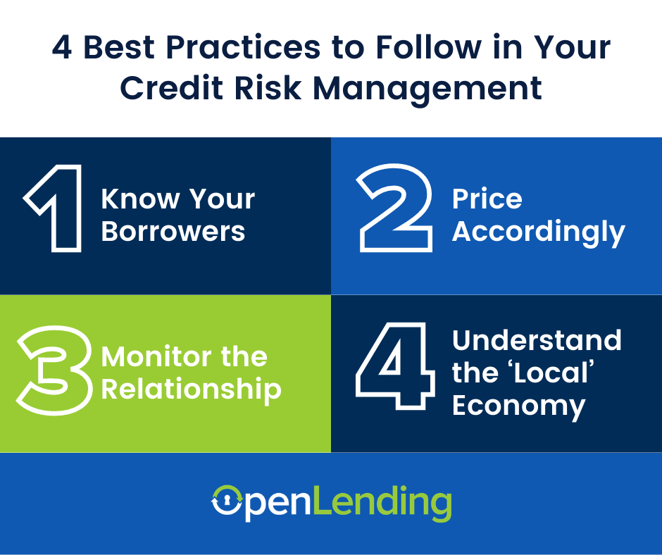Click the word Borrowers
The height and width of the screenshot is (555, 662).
(x=173, y=232)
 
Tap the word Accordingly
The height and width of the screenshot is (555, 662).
(x=538, y=232)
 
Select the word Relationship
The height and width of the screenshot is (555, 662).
(x=192, y=389)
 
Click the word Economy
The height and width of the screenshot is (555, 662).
(x=519, y=406)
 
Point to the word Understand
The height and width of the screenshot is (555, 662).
(x=537, y=340)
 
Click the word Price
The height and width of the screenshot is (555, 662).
(x=487, y=199)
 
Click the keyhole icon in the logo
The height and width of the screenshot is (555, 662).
(x=227, y=501)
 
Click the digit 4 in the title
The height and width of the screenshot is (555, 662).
(x=62, y=47)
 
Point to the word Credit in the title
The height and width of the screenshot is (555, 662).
(x=171, y=88)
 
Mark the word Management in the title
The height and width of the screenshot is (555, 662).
(x=427, y=90)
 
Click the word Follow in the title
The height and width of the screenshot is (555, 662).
(x=428, y=46)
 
